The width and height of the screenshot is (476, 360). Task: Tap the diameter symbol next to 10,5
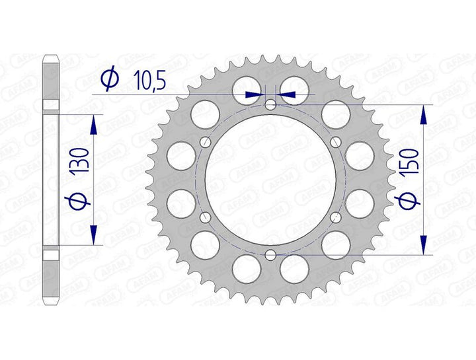click(x=110, y=79)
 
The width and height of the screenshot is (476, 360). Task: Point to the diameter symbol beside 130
click(x=77, y=200)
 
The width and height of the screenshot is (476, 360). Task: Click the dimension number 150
click(x=411, y=161)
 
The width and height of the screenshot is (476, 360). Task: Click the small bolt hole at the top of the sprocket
click(x=270, y=105)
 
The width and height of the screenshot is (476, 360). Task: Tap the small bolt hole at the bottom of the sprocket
click(x=270, y=255)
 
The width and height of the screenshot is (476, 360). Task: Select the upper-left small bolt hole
click(x=206, y=142)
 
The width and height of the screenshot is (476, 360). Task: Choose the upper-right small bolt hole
click(x=335, y=142)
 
